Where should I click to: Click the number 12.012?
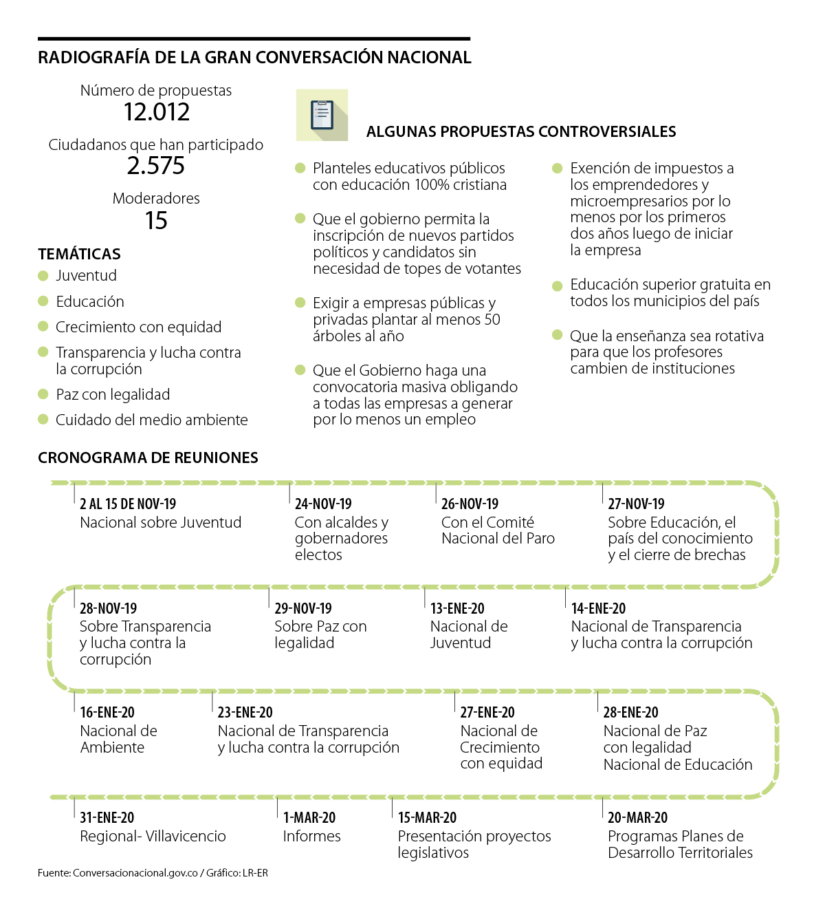(156, 112)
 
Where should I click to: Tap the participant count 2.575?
(156, 166)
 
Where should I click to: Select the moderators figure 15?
(156, 221)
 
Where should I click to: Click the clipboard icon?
(322, 115)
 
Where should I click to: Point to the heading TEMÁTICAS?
(79, 254)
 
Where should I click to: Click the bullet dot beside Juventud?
(43, 276)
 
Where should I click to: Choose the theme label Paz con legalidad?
(113, 395)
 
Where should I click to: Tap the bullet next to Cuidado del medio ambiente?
(43, 420)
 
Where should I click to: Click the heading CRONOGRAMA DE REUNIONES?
(148, 458)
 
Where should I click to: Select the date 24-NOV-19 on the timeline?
(323, 504)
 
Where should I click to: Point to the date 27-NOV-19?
(636, 504)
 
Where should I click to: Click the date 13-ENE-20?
(457, 609)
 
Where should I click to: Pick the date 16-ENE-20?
(107, 713)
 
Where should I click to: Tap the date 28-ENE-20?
(630, 713)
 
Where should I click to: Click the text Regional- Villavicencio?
(153, 837)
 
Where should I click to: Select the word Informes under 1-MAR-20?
(311, 837)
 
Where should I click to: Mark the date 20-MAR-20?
(637, 818)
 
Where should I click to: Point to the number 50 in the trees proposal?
(492, 320)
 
